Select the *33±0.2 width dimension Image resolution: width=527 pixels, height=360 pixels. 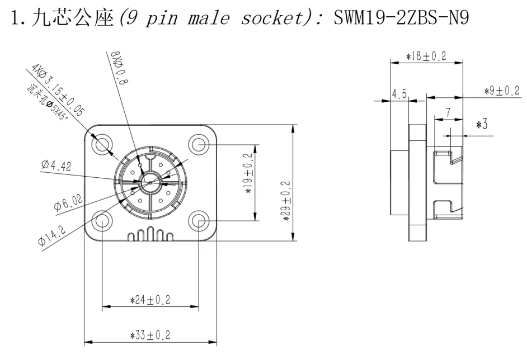click(x=150, y=335)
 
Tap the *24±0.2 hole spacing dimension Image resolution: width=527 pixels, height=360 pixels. click(x=150, y=300)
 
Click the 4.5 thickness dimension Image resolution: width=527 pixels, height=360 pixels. click(x=399, y=93)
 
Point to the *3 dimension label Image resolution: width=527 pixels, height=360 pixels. click(x=481, y=125)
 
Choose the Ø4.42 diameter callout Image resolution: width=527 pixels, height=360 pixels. click(x=55, y=164)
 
